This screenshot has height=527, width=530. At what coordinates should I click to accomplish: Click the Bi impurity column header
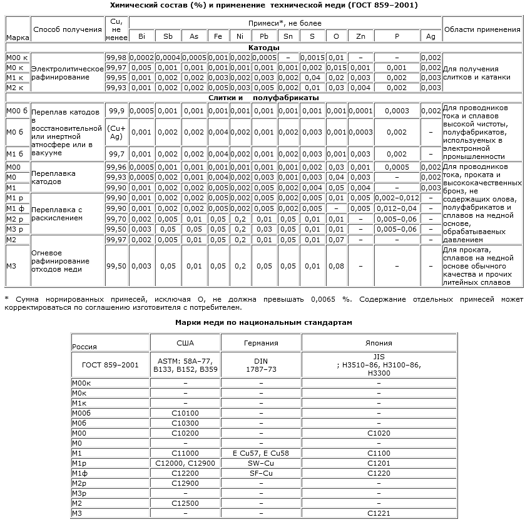click(x=141, y=36)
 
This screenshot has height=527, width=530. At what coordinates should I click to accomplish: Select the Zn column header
click(x=360, y=36)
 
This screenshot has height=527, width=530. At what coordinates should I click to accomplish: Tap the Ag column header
click(x=431, y=36)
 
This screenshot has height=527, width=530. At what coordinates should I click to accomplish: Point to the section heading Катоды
click(x=263, y=48)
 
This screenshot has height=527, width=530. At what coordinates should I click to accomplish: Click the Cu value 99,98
click(x=116, y=58)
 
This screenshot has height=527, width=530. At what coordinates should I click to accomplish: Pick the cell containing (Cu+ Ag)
click(x=116, y=132)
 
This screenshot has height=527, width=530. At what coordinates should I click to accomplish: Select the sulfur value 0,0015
click(x=312, y=58)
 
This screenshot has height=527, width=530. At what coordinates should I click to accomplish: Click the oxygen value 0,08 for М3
click(x=336, y=266)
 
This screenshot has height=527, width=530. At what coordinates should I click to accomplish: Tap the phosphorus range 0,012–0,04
click(x=397, y=208)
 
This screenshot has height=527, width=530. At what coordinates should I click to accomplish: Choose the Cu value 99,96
click(x=116, y=167)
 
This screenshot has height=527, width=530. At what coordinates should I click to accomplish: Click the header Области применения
click(x=482, y=29)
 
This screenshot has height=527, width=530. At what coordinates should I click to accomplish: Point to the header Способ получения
click(x=68, y=29)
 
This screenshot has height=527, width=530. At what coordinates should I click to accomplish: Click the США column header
click(x=185, y=343)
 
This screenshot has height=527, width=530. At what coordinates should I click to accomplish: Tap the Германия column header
click(x=260, y=343)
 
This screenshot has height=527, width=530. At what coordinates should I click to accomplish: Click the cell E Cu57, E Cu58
click(x=260, y=453)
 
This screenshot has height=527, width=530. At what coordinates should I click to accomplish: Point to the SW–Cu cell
click(x=260, y=463)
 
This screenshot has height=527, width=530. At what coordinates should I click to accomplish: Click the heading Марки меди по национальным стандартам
click(x=263, y=322)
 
